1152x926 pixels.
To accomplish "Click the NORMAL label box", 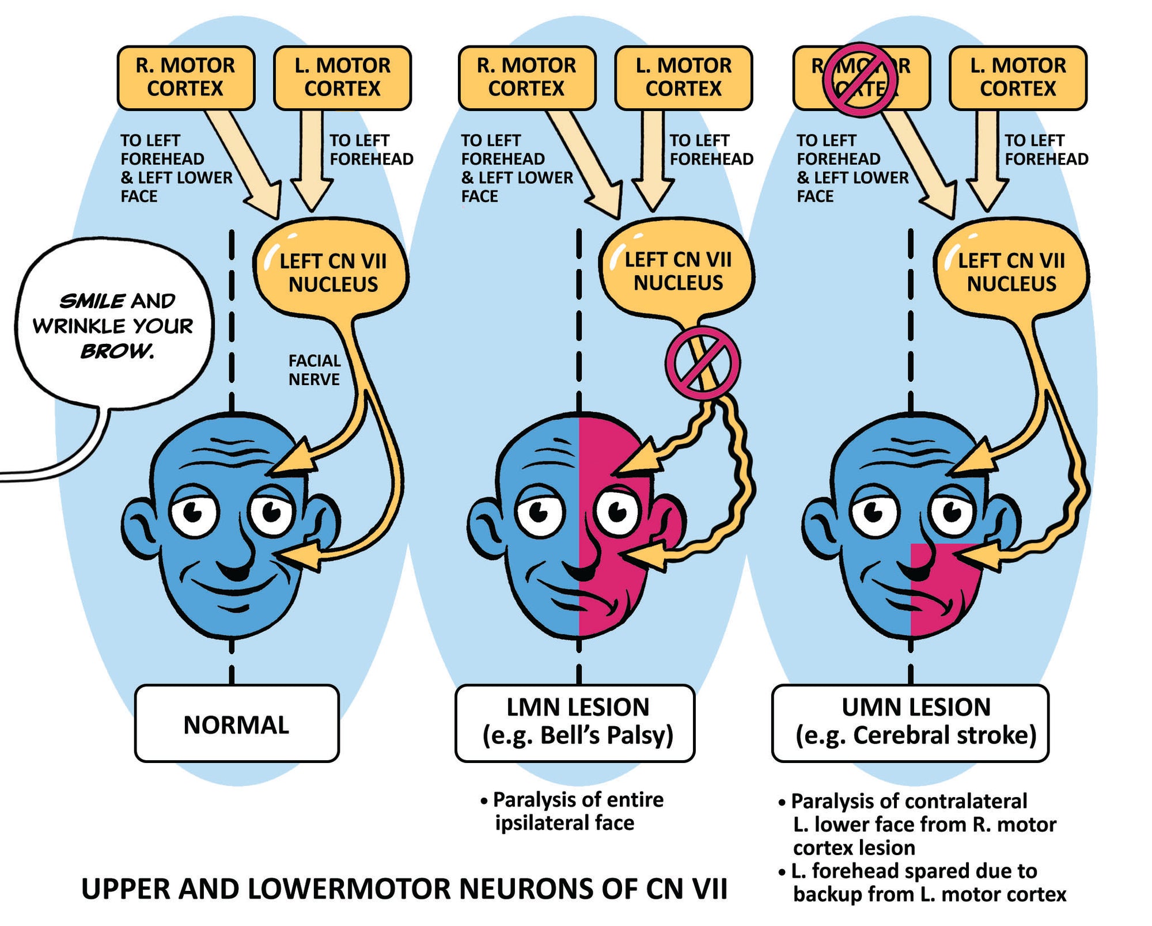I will click(237, 724).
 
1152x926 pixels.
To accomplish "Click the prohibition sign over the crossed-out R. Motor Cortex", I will click(860, 80).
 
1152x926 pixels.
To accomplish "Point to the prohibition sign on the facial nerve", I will click(702, 363).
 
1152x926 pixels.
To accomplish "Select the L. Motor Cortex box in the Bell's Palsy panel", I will click(683, 78).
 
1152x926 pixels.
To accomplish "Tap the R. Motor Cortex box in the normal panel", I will click(185, 78).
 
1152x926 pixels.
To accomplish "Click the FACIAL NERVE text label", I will click(314, 370).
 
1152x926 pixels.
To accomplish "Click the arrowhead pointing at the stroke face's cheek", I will click(979, 557).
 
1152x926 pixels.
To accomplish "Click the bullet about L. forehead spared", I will click(922, 882).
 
